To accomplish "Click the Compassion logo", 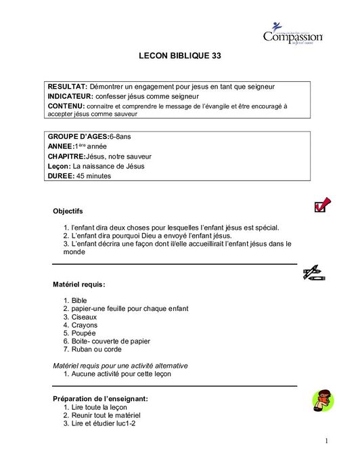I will click(x=292, y=33).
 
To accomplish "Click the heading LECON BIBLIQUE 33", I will click(x=179, y=58).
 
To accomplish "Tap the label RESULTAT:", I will click(x=67, y=87).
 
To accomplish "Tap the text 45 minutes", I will click(x=94, y=176).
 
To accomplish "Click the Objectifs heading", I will click(x=68, y=211).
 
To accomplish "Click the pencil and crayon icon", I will click(x=314, y=273).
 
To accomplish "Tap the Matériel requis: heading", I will click(x=79, y=284).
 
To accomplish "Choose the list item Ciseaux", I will click(x=85, y=317).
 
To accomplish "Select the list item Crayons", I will click(x=84, y=325).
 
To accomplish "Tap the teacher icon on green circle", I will click(x=322, y=401).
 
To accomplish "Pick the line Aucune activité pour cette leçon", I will click(x=121, y=373).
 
